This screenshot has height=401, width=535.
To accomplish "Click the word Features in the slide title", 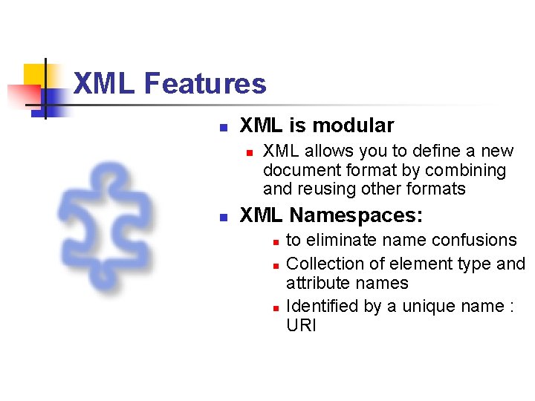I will point(205,83).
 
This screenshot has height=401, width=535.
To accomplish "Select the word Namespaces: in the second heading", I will point(356,215).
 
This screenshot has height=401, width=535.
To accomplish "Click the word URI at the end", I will point(301,325).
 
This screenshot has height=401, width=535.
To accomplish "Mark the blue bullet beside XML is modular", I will point(222,127).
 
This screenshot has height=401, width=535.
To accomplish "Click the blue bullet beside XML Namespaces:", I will point(222,217).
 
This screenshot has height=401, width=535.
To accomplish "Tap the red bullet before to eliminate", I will point(274,241).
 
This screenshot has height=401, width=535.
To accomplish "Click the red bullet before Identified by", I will point(274,307).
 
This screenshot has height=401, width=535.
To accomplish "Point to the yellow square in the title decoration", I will point(35,75).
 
